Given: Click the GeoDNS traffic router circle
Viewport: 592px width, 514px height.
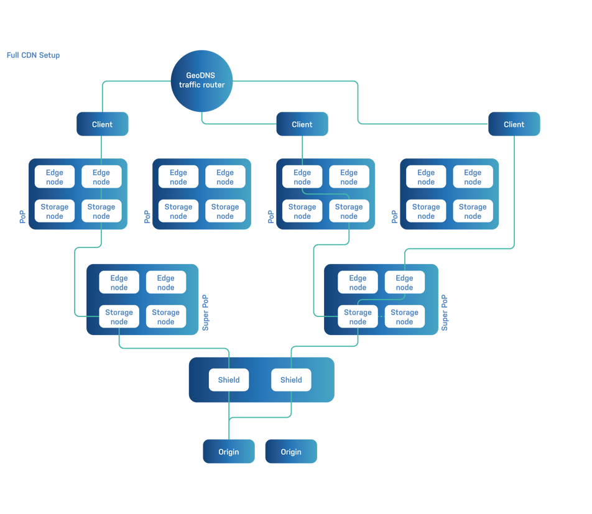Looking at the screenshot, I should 201,81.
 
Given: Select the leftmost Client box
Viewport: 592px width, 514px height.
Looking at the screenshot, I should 102,124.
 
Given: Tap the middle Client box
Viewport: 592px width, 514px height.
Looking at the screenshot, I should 302,124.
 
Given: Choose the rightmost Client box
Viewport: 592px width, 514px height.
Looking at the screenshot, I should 514,124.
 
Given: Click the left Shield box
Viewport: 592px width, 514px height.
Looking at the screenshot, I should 229,380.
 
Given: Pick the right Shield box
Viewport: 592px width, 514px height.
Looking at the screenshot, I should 291,380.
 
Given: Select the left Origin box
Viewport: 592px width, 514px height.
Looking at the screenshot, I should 228,452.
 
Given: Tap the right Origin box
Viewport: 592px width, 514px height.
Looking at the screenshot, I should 291,452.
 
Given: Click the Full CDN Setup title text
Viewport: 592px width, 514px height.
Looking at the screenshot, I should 34,55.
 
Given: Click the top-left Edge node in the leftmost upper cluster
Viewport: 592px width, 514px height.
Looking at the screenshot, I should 55,177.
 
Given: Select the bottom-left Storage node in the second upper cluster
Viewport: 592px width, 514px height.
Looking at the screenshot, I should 178,211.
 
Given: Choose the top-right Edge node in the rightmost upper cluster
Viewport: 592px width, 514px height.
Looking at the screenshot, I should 473,177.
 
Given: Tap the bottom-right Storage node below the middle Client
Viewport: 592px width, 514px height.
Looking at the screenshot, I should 349,211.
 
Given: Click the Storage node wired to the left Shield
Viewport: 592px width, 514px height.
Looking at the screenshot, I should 119,317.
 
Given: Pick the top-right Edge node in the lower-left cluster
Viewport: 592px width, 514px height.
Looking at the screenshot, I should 166,283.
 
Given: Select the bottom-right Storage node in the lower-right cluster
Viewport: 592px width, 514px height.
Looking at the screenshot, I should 404,317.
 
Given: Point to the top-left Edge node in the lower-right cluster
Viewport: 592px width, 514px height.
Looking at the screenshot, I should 358,283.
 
